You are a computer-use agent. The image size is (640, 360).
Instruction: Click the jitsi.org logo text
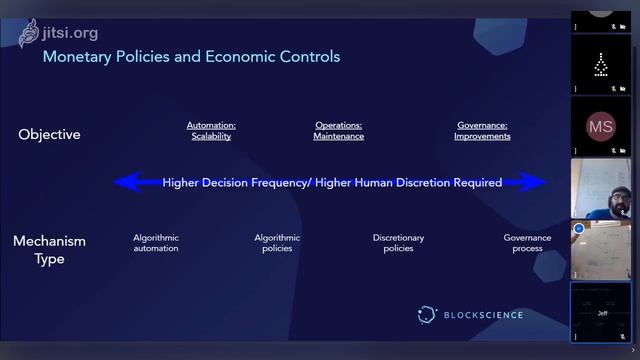click(70, 32)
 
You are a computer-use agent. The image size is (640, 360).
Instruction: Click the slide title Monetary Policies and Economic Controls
click(191, 57)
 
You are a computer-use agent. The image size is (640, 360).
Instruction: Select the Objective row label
click(49, 134)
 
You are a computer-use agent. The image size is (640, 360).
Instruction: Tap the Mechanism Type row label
click(49, 250)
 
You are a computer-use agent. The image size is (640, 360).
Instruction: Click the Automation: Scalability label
click(211, 131)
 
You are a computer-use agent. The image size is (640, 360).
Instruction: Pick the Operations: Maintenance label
click(338, 131)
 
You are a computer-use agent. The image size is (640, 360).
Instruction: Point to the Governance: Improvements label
click(482, 131)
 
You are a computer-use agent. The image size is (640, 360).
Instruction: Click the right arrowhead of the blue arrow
click(539, 182)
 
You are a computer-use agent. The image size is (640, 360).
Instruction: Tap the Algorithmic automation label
click(156, 243)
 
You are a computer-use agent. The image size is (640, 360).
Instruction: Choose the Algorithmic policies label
click(277, 243)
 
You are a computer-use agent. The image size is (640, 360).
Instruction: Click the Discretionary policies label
click(398, 243)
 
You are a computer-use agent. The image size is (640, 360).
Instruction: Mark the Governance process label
click(527, 243)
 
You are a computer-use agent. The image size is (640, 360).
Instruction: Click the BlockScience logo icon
click(427, 315)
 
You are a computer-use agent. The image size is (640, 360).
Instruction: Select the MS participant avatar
click(600, 127)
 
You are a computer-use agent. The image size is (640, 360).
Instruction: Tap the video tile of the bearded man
click(600, 189)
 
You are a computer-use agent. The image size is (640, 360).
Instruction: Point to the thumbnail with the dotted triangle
click(600, 65)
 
